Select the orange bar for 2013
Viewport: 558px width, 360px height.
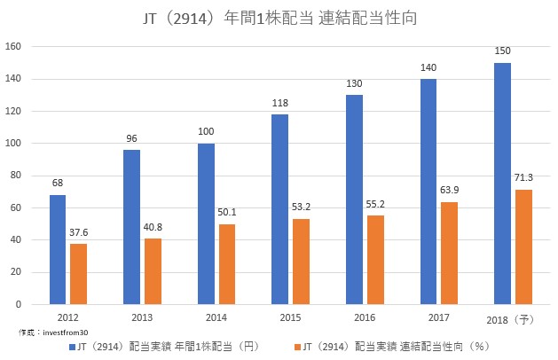154,271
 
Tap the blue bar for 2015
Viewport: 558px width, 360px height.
280,209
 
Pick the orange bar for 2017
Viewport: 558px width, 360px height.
450,253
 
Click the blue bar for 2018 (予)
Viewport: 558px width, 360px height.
502,184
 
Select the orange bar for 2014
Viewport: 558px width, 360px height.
228,264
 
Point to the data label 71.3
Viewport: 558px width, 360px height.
523,178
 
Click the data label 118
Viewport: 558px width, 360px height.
280,104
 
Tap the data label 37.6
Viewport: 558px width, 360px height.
79,232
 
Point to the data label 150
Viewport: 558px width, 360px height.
502,52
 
